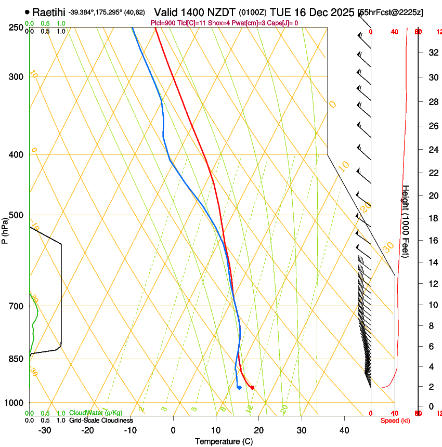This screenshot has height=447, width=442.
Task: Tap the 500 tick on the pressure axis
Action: [17, 215]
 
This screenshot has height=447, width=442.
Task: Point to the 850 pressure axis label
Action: [17, 359]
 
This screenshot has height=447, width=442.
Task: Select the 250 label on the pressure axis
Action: [17, 28]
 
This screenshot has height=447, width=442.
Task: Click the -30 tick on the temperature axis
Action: [45, 430]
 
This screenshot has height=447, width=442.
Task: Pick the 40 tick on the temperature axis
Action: [344, 430]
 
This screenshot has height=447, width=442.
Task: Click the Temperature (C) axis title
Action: [224, 441]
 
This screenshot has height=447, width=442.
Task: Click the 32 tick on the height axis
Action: [432, 52]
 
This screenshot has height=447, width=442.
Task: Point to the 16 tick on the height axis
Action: [432, 240]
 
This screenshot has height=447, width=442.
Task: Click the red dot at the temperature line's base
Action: [252, 387]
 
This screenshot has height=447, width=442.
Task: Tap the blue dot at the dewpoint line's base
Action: [239, 387]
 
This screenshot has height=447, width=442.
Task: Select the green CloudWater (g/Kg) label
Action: [96, 413]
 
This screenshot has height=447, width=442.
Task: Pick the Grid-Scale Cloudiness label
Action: [101, 420]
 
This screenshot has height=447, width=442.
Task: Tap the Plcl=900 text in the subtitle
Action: [162, 23]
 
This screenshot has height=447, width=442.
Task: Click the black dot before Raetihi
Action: [28, 12]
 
